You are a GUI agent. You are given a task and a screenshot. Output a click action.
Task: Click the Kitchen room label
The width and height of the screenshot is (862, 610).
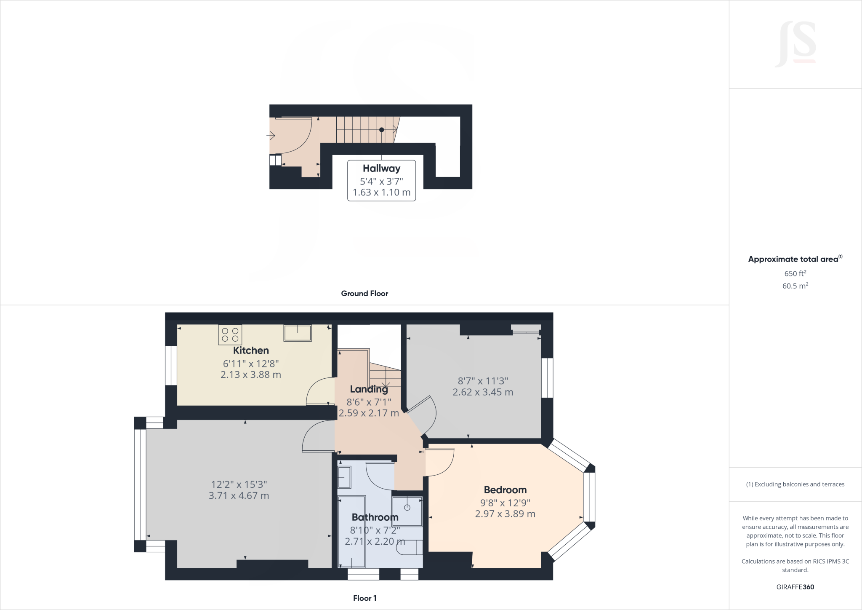(x=251, y=350)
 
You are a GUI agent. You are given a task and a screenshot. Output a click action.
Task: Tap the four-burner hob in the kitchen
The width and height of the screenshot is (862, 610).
(x=230, y=335)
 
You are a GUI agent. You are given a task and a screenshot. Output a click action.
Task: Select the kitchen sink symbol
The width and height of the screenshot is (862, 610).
(x=297, y=333)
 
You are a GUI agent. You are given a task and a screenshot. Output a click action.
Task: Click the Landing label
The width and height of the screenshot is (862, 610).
(x=369, y=389)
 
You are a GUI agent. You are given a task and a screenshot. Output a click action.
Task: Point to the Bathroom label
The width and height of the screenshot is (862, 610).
(x=375, y=517)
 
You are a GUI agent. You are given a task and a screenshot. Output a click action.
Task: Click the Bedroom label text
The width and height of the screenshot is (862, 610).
(x=505, y=490)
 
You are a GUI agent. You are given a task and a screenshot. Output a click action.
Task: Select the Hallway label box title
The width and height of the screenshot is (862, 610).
(x=381, y=169)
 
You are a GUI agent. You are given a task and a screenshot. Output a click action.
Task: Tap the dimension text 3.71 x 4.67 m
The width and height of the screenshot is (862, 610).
(x=239, y=496)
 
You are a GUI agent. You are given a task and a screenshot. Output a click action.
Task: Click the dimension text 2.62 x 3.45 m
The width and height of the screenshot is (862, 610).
(x=483, y=392)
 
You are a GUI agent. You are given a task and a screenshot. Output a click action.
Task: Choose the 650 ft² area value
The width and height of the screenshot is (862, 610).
(x=795, y=273)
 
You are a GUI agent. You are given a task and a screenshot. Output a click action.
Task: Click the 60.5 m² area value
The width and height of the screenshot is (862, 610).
(x=795, y=286)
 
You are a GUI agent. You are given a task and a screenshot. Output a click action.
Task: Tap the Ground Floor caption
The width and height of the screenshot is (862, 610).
(x=364, y=294)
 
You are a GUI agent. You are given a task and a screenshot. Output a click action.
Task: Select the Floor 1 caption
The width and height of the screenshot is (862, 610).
(x=364, y=598)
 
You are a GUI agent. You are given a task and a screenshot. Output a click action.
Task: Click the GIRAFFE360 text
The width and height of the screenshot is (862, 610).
(x=795, y=587)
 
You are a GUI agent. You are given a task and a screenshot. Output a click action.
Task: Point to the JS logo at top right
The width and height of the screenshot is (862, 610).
(x=795, y=44)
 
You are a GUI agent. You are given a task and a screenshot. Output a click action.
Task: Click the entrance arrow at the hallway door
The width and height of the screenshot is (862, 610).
(x=271, y=136)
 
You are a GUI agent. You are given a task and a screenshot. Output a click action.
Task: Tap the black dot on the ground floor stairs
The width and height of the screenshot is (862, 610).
(x=382, y=130)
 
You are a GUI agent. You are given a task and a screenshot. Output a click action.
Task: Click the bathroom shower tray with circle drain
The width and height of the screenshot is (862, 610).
(x=407, y=511)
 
